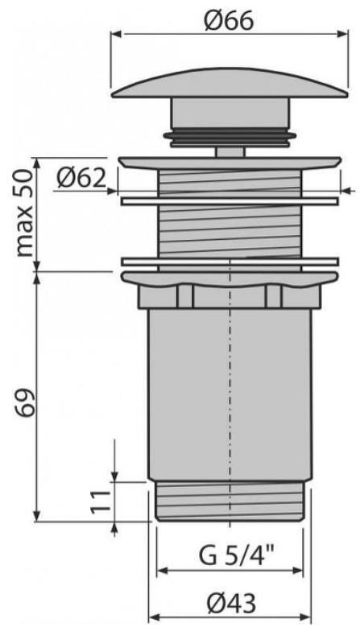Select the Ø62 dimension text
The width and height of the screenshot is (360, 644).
pyautogui.click(x=81, y=176)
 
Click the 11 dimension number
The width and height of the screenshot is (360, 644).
pyautogui.click(x=99, y=502)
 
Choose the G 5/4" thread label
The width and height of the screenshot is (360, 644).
pyautogui.click(x=229, y=556)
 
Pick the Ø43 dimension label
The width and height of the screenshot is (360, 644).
pyautogui.click(x=229, y=603)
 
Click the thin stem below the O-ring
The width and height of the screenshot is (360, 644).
pyautogui.click(x=229, y=149)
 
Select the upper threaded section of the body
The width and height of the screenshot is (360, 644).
pyautogui.click(x=229, y=217)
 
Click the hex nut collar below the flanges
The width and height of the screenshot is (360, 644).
pyautogui.click(x=229, y=297)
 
